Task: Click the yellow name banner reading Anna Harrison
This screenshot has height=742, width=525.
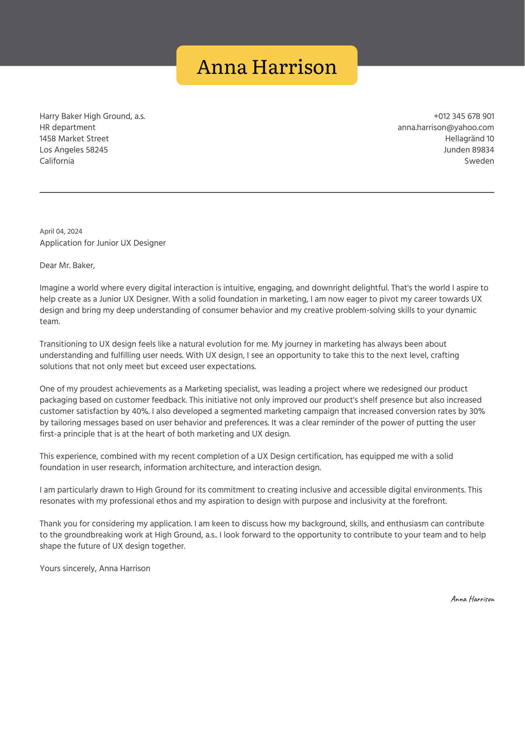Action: click(267, 66)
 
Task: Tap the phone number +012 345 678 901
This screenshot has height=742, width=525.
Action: click(463, 116)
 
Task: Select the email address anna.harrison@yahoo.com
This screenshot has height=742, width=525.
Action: click(446, 127)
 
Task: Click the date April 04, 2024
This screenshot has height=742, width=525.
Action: click(61, 231)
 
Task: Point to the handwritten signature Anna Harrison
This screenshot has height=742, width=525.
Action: click(472, 599)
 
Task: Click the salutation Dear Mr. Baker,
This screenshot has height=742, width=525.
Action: click(67, 265)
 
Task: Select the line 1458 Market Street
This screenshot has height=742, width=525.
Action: click(74, 138)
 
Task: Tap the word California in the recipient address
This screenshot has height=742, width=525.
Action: click(57, 161)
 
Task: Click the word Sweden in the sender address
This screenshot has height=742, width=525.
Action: click(479, 161)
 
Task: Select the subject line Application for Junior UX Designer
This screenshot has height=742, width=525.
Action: click(103, 243)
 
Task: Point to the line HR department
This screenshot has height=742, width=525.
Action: click(67, 127)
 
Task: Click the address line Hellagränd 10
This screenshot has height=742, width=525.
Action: click(469, 138)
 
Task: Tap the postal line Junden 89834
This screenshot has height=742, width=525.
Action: click(468, 150)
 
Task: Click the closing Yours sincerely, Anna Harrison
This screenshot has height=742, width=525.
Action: click(95, 568)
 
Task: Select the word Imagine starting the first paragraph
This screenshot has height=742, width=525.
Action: click(53, 288)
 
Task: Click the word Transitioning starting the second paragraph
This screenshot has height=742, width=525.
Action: click(63, 344)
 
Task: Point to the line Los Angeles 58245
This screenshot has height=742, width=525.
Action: click(74, 150)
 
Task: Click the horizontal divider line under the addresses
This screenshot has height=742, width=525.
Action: click(267, 192)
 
